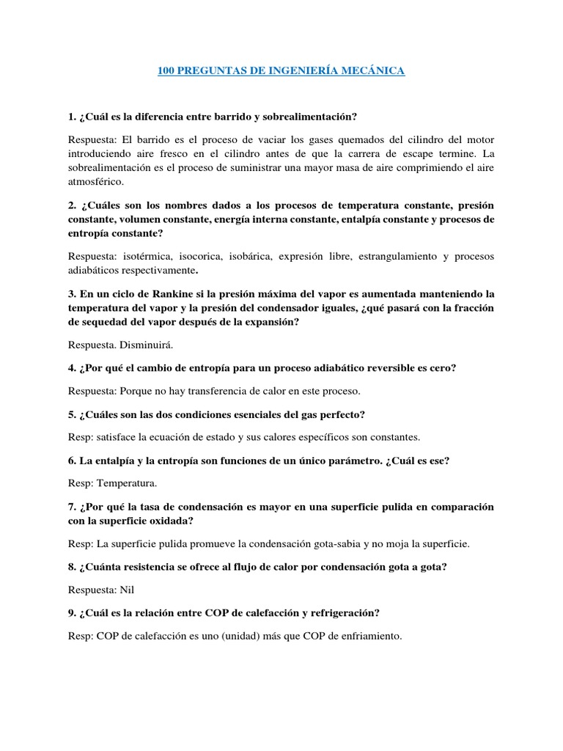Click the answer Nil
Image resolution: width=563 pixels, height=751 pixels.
pyautogui.click(x=128, y=589)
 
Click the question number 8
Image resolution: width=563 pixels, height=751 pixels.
pyautogui.click(x=72, y=567)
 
